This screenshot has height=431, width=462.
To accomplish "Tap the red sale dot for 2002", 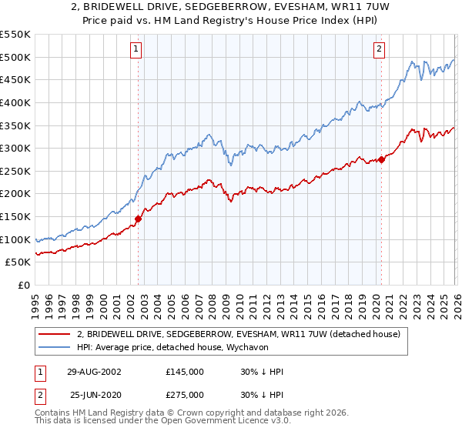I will (139, 219).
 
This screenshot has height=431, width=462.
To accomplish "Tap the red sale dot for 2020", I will (381, 160).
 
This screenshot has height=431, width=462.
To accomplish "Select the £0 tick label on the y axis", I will (24, 286).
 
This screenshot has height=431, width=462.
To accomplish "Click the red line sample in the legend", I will (55, 335).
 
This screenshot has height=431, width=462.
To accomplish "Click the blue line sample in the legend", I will (55, 348).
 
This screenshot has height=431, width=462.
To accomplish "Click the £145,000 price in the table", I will (184, 372).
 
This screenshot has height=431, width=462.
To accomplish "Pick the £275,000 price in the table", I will (184, 394).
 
